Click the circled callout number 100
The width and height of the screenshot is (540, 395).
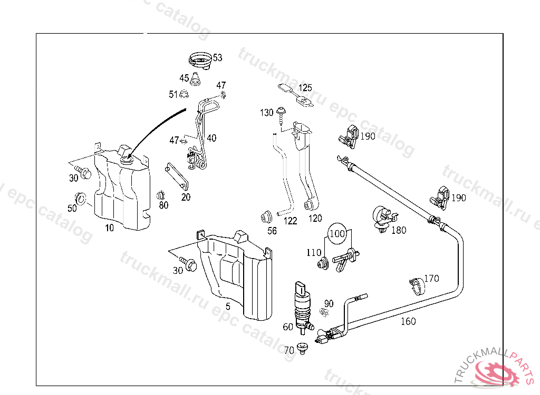tap(337, 233)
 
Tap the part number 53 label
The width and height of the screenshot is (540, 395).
tap(217, 58)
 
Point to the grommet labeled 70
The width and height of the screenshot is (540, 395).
tap(303, 349)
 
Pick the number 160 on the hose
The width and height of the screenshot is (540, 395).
tap(408, 321)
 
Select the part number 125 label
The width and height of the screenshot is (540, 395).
tap(305, 88)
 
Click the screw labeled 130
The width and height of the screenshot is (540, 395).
tap(283, 113)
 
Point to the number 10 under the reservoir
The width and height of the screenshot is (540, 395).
tap(109, 228)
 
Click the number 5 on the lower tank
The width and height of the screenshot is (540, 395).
tap(228, 306)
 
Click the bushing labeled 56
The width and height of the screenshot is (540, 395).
tap(267, 215)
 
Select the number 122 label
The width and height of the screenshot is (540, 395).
tap(290, 221)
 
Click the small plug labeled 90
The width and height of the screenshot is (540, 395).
tap(325, 314)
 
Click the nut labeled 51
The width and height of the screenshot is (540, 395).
tap(184, 94)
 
